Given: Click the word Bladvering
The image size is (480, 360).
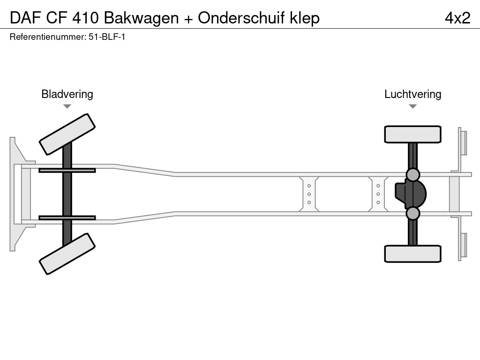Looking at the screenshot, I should [x=67, y=94].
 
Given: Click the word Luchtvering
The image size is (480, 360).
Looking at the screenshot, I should [x=412, y=94].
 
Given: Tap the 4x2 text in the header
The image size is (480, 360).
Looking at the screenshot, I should [x=457, y=18].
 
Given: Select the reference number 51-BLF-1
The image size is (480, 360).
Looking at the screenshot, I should [x=107, y=37].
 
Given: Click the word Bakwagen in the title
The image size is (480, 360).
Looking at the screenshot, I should [x=141, y=18].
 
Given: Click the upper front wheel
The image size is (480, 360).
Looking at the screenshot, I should [x=67, y=134].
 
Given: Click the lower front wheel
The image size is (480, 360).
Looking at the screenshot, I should [x=67, y=254].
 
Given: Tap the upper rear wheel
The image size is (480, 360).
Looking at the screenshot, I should [x=412, y=134].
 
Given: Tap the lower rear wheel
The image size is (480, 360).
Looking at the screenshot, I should [x=412, y=254].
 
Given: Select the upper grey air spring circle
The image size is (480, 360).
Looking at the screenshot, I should [x=412, y=175].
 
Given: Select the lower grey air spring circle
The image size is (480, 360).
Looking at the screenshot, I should [x=412, y=213].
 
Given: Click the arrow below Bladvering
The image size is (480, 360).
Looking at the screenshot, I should [x=67, y=106].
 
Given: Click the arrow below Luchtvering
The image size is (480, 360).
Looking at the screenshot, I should [x=412, y=106].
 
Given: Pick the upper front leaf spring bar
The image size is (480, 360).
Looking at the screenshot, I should [x=67, y=170].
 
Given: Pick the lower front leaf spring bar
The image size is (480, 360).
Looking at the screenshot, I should [x=67, y=218].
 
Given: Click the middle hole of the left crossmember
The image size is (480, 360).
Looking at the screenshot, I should [x=309, y=194].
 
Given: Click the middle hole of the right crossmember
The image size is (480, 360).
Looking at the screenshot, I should [x=378, y=194].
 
